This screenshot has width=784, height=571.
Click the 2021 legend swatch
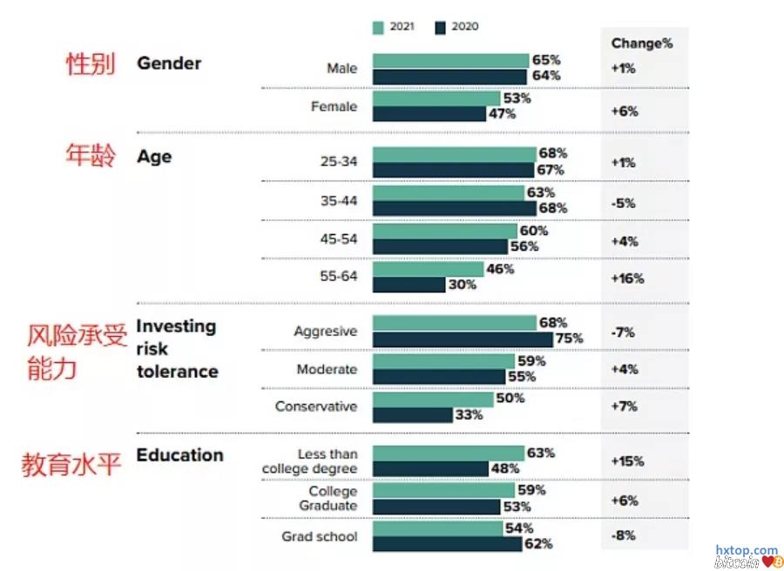point(378,27)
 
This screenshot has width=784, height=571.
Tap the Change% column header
point(641,44)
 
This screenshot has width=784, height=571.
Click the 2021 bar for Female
point(436,98)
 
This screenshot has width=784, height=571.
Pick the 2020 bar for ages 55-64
point(409,285)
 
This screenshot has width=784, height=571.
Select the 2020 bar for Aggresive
point(462,339)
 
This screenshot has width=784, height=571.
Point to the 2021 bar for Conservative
point(433,399)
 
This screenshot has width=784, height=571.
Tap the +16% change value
point(627,279)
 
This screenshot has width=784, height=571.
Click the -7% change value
point(624,332)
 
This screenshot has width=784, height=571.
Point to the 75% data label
point(569,339)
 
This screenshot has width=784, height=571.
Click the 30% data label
point(463,285)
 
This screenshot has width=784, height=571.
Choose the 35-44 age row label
point(338,200)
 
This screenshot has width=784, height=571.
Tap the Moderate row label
point(327,369)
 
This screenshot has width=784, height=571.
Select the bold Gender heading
point(169,64)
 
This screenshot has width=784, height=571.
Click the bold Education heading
point(179,455)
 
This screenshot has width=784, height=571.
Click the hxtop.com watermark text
point(747,550)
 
